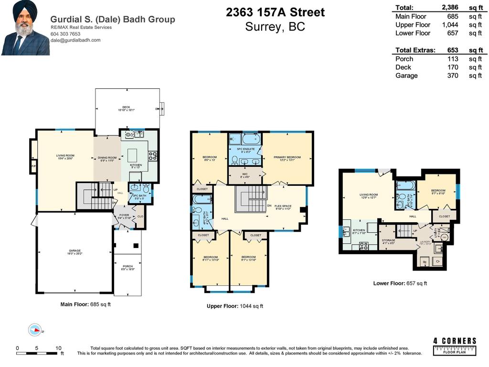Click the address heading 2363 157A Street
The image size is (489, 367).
pyautogui.click(x=275, y=12)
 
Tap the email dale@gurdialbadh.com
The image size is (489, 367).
pyautogui.click(x=75, y=40)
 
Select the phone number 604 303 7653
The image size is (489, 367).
pyautogui.click(x=65, y=34)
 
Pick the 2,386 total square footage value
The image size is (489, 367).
pyautogui.click(x=450, y=7)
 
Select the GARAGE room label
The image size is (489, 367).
pyautogui.click(x=74, y=250)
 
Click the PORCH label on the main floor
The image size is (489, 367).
pyautogui.click(x=128, y=267)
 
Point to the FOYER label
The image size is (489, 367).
pyautogui.click(x=124, y=216)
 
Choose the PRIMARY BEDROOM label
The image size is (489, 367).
pyautogui.click(x=287, y=157)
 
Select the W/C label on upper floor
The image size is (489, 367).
pyautogui.click(x=245, y=174)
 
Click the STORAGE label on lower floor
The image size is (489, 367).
pyautogui.click(x=388, y=240)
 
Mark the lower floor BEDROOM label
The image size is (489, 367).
pyautogui.click(x=438, y=191)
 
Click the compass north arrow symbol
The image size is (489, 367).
pyautogui.click(x=34, y=329)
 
